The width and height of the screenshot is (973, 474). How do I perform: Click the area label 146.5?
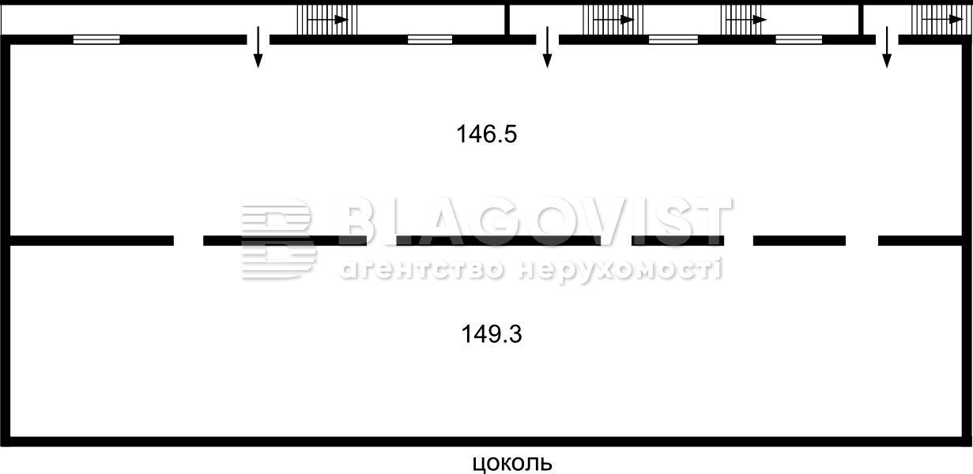[487, 134]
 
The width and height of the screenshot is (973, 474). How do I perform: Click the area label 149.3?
[492, 334]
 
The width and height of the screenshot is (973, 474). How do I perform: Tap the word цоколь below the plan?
[512, 464]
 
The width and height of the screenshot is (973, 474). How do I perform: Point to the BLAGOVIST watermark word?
[535, 221]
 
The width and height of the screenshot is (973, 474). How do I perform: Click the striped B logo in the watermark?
[279, 238]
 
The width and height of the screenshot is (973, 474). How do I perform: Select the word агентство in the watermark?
[421, 269]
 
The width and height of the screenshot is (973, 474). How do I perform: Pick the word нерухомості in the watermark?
[620, 269]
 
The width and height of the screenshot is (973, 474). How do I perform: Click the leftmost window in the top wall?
[96, 39]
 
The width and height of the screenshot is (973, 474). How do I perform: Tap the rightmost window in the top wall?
[799, 39]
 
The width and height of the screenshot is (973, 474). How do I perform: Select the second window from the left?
[430, 39]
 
